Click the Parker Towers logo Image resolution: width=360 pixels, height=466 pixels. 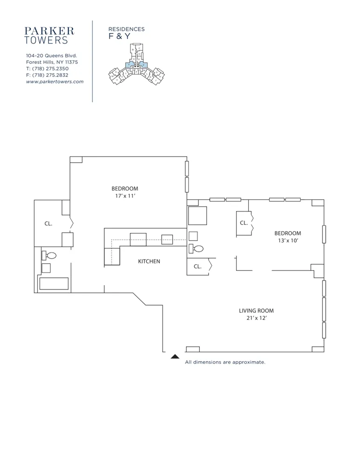49,35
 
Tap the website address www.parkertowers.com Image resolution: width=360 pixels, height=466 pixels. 54,82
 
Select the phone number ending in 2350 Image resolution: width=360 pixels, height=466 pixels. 47,69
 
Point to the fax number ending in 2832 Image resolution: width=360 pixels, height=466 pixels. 47,75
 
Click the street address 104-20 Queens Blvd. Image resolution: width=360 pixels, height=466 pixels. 51,55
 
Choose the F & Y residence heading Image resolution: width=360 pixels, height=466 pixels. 119,36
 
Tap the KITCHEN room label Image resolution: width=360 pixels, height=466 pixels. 149,261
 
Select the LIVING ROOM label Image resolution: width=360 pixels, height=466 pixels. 256,311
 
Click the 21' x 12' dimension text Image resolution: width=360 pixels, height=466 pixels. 256,318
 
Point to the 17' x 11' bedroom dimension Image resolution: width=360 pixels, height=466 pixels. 124,196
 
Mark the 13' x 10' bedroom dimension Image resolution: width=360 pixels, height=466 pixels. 287,241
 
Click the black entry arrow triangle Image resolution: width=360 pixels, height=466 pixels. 175,356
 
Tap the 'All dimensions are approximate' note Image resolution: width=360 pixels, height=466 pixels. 225,362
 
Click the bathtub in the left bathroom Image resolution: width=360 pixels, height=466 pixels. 54,284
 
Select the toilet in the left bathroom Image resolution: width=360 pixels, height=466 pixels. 49,255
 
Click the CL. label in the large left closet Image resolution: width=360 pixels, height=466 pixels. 48,224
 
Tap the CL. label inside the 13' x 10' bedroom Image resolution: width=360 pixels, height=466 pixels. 244,223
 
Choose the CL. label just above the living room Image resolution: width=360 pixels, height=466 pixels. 197,267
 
